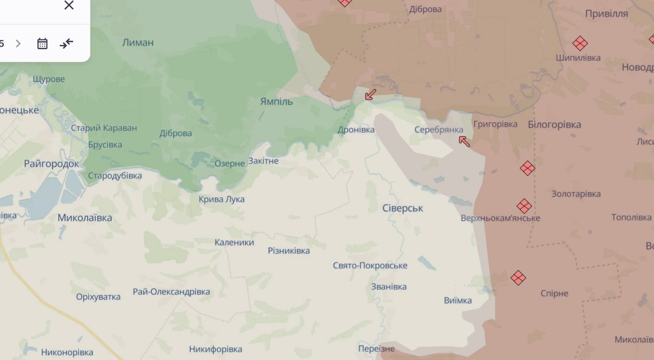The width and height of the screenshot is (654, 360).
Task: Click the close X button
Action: click(x=69, y=5)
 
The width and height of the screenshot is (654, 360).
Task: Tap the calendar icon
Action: click(x=42, y=44)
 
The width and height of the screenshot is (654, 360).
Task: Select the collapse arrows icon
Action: click(x=66, y=44)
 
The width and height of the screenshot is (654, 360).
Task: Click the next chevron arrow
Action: click(x=18, y=44)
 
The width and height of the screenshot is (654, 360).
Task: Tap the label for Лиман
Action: click(x=138, y=42)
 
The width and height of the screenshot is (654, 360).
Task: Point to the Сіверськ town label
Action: click(x=402, y=208)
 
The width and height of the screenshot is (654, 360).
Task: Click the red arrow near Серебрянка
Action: click(x=464, y=142)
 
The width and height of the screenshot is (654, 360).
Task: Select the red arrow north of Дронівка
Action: click(x=371, y=95)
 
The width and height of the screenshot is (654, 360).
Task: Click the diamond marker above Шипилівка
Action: click(x=580, y=43)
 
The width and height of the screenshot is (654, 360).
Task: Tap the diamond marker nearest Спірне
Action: click(x=518, y=277)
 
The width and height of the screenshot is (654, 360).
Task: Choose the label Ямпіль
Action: click(x=276, y=101)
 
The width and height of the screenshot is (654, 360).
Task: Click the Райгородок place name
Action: click(x=51, y=164)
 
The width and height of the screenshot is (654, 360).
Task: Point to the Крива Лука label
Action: click(x=221, y=199)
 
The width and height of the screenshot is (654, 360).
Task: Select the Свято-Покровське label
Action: click(x=370, y=265)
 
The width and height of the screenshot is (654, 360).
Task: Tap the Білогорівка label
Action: click(x=554, y=125)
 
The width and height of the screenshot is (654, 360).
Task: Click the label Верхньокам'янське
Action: click(x=500, y=218)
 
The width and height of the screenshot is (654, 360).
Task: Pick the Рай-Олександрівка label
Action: click(x=171, y=291)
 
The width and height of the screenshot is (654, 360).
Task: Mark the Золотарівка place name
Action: click(x=576, y=193)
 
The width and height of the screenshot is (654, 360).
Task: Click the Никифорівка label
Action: click(x=215, y=349)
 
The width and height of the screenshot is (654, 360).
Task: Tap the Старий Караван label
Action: click(x=103, y=128)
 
